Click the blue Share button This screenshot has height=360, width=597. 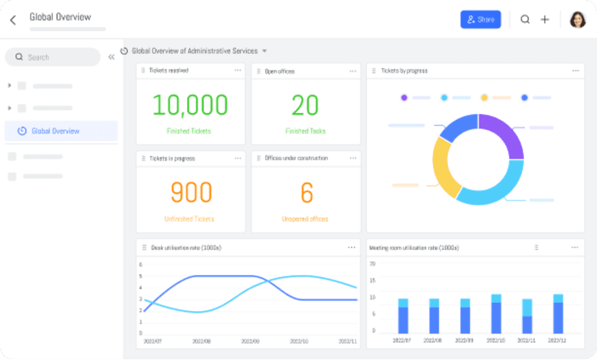480,19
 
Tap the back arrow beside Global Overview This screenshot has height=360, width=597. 13,20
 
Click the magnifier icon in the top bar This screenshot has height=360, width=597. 525,19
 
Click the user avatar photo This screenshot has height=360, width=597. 578,20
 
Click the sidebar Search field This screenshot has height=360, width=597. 52,57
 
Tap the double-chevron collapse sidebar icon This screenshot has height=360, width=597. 111,57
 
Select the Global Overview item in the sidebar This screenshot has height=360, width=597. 55,131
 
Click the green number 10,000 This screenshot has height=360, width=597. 190,105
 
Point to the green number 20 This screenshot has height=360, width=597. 305,105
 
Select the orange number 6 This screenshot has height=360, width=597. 307,193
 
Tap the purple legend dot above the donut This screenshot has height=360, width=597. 403,97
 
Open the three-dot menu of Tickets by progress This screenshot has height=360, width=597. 575,71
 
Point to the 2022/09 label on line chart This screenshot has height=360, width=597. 250,340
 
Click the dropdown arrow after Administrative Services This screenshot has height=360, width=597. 265,51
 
